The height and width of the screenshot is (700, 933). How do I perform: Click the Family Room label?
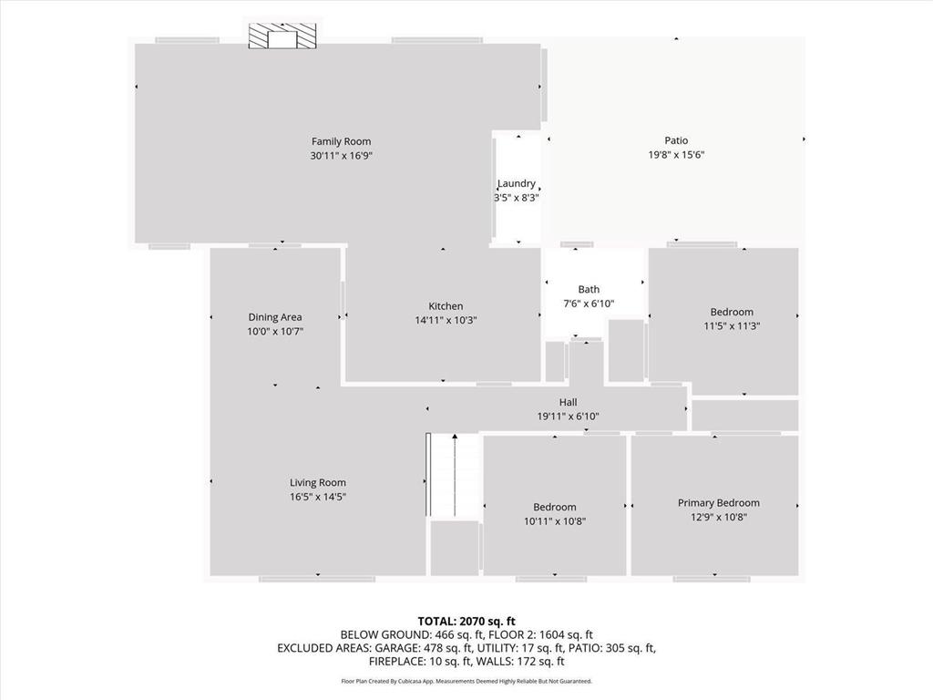(341, 141)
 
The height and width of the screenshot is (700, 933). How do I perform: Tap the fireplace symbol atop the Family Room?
(284, 36)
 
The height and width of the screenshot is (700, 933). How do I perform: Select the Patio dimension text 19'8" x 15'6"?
(675, 155)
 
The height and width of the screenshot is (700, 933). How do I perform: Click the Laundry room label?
(517, 183)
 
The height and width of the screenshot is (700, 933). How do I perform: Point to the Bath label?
(589, 290)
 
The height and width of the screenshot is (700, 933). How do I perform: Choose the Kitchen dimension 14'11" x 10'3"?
(446, 320)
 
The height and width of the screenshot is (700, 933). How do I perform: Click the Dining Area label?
(274, 317)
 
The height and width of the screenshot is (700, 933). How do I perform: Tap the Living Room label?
(318, 482)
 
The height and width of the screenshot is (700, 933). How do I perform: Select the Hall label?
(568, 402)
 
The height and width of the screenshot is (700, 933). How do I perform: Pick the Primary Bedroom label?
(718, 502)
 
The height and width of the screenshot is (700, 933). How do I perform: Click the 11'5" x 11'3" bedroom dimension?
(732, 325)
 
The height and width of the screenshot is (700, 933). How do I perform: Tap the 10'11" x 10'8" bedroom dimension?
(555, 521)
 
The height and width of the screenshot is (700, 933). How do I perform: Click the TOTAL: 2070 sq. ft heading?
(466, 621)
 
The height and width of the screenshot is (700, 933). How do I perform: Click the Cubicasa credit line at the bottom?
(466, 681)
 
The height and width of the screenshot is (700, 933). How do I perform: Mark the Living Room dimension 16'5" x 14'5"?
(318, 497)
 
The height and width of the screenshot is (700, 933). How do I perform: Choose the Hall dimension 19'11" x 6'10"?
(568, 417)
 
